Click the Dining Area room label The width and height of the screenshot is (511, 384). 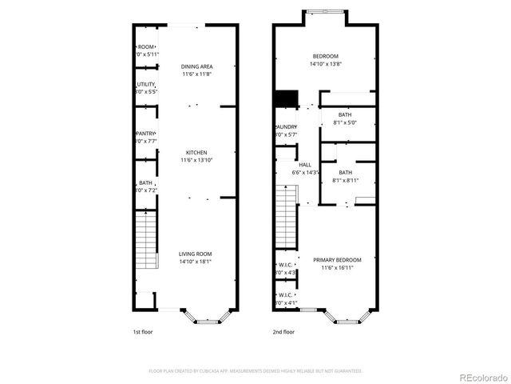pos(196,66)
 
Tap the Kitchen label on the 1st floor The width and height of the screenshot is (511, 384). pos(196,153)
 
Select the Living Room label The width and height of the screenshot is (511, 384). pos(196,254)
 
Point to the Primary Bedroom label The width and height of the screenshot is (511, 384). pos(337,260)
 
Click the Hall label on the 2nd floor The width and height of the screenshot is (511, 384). pos(305,165)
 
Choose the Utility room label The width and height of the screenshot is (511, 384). pos(146,84)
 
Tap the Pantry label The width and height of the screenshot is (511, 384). pos(146,134)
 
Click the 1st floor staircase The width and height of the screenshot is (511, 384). pos(145,241)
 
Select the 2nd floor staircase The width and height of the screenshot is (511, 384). pos(286,216)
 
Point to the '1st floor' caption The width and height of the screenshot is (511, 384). pos(142,331)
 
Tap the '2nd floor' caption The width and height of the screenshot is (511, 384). pos(283,331)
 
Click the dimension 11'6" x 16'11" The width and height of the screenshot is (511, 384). pos(337,268)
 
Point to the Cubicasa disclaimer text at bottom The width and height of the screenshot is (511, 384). pos(255,371)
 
